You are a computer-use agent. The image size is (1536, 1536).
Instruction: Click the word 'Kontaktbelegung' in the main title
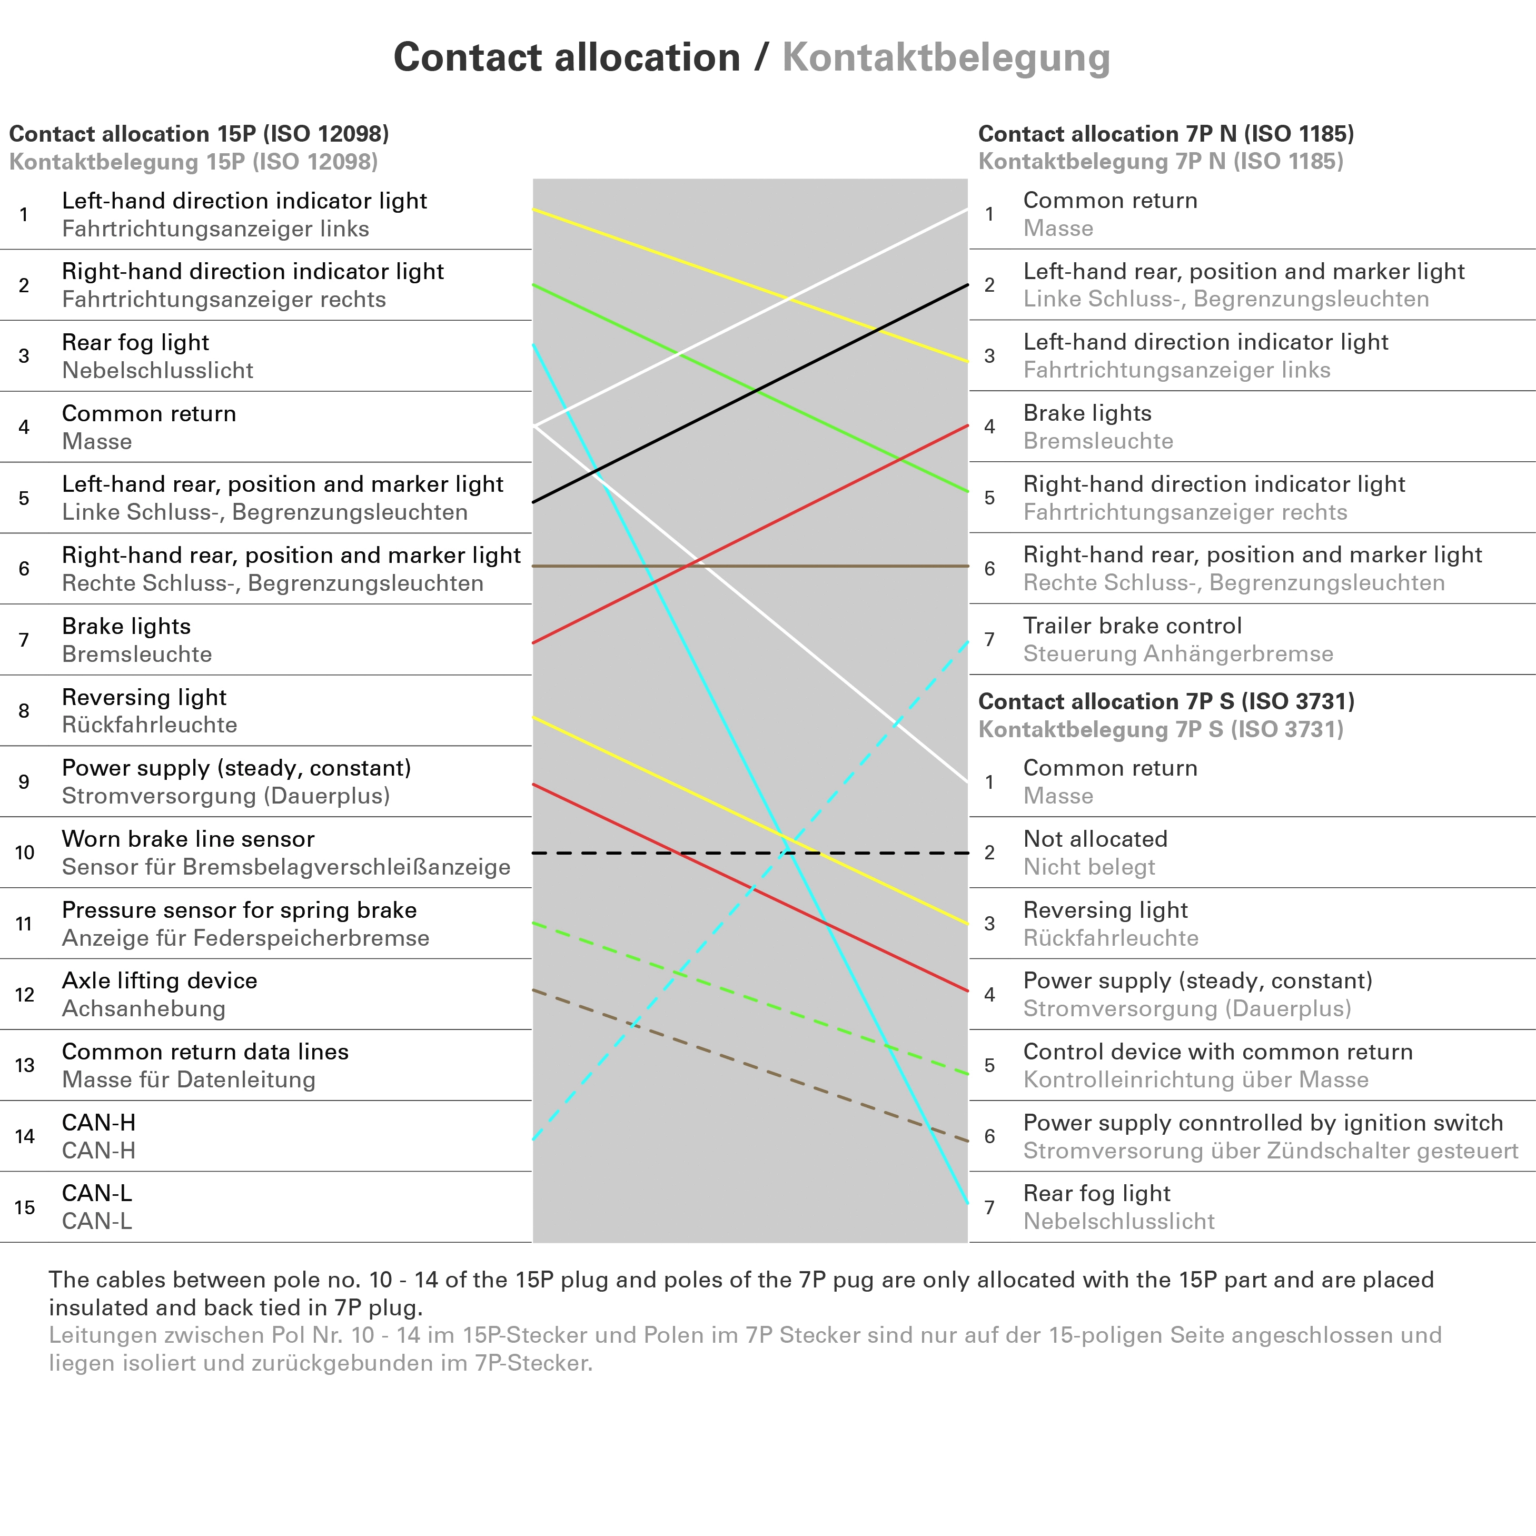pyautogui.click(x=946, y=57)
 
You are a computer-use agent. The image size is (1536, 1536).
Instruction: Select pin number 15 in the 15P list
pyautogui.click(x=25, y=1207)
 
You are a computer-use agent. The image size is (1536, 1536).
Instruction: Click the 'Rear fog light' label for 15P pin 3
pyautogui.click(x=135, y=343)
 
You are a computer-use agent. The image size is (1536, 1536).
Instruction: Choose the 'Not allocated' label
pyautogui.click(x=1095, y=839)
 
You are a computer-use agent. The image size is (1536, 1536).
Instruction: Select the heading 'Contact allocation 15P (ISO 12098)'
pyautogui.click(x=199, y=134)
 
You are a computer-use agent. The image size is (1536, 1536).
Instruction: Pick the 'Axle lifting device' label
pyautogui.click(x=159, y=980)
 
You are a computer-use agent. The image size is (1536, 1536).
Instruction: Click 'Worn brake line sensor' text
pyautogui.click(x=187, y=839)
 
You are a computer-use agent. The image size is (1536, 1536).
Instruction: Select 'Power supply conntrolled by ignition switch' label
pyautogui.click(x=1263, y=1123)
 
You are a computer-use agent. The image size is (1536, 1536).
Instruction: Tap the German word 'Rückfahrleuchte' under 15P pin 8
pyautogui.click(x=150, y=725)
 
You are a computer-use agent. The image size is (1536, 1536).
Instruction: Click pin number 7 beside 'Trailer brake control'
pyautogui.click(x=989, y=639)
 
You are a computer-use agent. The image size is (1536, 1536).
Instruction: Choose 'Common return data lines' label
pyautogui.click(x=205, y=1052)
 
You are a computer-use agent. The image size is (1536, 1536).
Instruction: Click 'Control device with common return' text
pyautogui.click(x=1217, y=1052)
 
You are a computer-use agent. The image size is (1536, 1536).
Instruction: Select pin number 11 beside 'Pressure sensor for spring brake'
pyautogui.click(x=25, y=924)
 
